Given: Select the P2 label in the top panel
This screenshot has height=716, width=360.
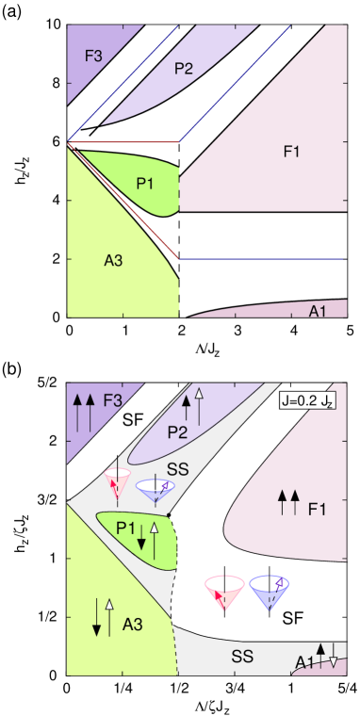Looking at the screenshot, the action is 184,67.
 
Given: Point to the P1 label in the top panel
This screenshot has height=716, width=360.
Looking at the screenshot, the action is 145,183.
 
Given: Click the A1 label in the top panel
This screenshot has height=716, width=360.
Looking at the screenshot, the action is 319,311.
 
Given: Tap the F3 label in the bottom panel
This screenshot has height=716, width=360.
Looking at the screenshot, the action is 112,399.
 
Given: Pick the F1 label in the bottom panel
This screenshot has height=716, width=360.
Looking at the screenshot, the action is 317,509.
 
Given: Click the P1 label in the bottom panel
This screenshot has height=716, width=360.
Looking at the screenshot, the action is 126,529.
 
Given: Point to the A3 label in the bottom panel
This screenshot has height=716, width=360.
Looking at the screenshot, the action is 132,624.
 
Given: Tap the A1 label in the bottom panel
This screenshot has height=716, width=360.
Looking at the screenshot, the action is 303,662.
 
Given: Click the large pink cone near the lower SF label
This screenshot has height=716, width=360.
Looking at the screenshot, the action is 225,594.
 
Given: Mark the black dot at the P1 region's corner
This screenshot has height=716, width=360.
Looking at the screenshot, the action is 170,514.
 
